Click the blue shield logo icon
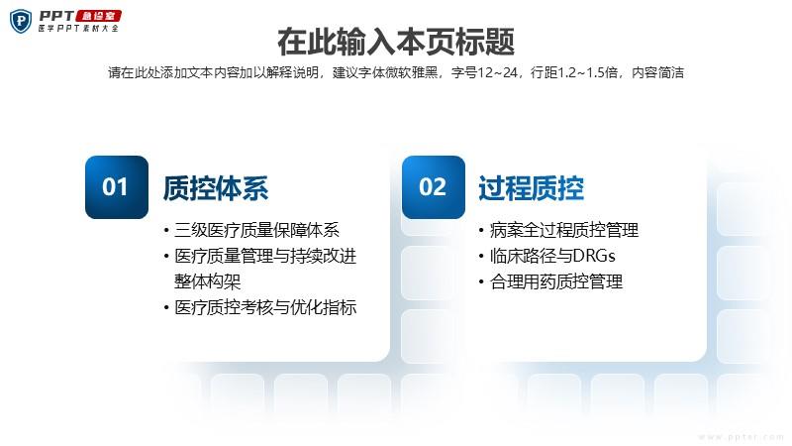pyautogui.click(x=21, y=21)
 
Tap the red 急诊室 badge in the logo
pyautogui.click(x=99, y=16)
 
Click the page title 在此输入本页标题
pyautogui.click(x=396, y=42)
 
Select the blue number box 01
pyautogui.click(x=117, y=187)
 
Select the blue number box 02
pyautogui.click(x=434, y=187)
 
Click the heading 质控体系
pyautogui.click(x=216, y=188)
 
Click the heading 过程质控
pyautogui.click(x=532, y=188)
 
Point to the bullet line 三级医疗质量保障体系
pyautogui.click(x=256, y=230)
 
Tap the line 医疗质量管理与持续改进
pyautogui.click(x=265, y=256)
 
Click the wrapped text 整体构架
pyautogui.click(x=208, y=281)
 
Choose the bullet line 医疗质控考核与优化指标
pyautogui.click(x=265, y=307)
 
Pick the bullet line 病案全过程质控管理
pyautogui.click(x=564, y=230)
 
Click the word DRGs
pyautogui.click(x=595, y=256)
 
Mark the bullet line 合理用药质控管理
pyautogui.click(x=556, y=281)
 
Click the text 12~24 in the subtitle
pyautogui.click(x=498, y=72)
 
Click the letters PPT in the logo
pyautogui.click(x=56, y=16)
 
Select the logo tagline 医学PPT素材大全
pyautogui.click(x=79, y=29)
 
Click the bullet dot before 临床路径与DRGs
pyautogui.click(x=481, y=257)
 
